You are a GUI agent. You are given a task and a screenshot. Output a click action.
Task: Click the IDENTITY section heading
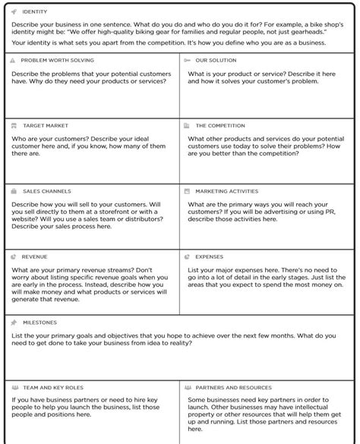pyautogui.click(x=35, y=12)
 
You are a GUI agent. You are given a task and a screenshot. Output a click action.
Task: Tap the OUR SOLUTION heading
pyautogui.click(x=216, y=60)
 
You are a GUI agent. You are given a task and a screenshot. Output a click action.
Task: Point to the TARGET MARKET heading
pyautogui.click(x=46, y=125)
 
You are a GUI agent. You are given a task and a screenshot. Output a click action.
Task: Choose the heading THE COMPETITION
pyautogui.click(x=220, y=125)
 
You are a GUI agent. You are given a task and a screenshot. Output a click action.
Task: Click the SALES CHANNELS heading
pyautogui.click(x=47, y=191)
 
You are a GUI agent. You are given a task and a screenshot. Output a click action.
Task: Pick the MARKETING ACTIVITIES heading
pyautogui.click(x=226, y=191)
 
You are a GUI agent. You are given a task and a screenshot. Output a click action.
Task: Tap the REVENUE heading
pyautogui.click(x=34, y=257)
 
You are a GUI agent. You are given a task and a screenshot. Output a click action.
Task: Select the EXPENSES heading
pyautogui.click(x=209, y=257)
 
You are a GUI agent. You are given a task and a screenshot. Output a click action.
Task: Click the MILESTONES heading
pyautogui.click(x=39, y=322)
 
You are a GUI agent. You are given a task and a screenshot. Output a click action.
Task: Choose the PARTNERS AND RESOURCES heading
pyautogui.click(x=233, y=387)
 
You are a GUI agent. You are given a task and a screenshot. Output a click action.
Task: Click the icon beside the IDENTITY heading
pyautogui.click(x=14, y=12)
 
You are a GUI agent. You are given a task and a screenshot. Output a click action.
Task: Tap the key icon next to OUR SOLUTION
pyautogui.click(x=187, y=60)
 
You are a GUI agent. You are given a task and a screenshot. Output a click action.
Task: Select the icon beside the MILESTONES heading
pyautogui.click(x=14, y=322)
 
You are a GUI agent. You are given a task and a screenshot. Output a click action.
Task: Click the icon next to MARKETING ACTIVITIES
pyautogui.click(x=187, y=191)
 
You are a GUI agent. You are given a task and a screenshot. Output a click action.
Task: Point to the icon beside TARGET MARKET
pyautogui.click(x=14, y=125)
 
